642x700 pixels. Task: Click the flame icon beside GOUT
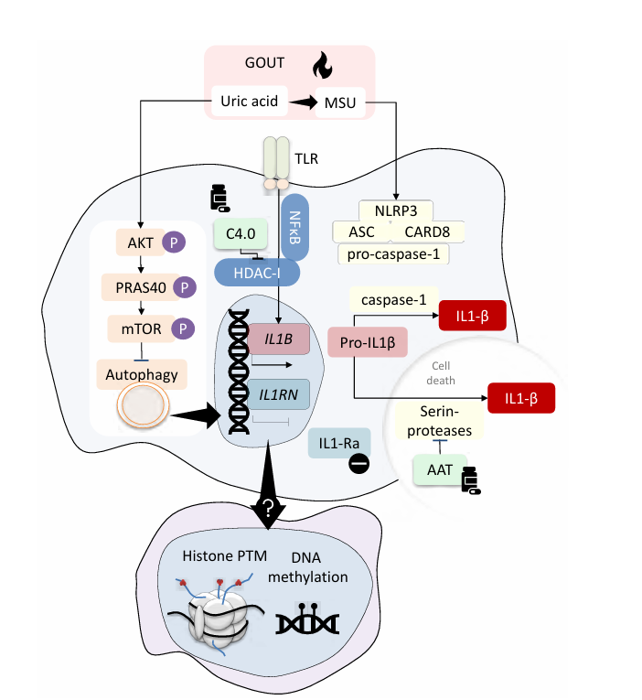(321, 64)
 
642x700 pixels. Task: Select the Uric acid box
(250, 101)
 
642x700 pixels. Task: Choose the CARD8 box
(427, 231)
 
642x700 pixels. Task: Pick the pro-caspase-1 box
(394, 253)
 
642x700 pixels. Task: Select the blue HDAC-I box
(260, 271)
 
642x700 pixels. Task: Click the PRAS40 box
(134, 287)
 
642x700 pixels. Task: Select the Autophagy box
(142, 372)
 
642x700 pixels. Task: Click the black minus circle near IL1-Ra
(358, 464)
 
